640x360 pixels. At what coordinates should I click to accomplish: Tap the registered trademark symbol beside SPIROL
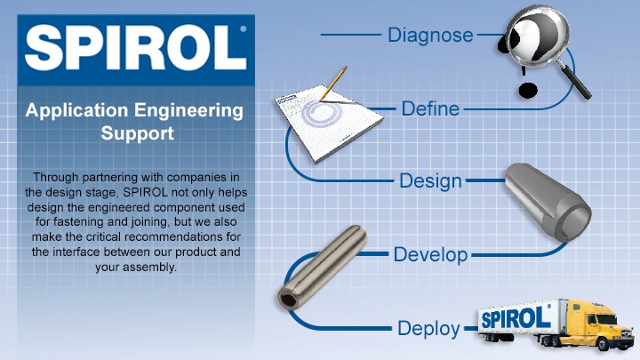(244, 29)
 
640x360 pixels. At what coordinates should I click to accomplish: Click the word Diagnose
(430, 36)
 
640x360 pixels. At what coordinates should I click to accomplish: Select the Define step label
(430, 108)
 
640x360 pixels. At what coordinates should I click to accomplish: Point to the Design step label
(430, 181)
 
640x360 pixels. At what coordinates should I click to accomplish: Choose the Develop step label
(430, 255)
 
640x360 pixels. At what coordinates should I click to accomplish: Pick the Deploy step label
(428, 329)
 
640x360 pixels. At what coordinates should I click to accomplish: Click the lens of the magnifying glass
(536, 35)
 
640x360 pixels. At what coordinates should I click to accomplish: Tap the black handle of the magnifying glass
(576, 82)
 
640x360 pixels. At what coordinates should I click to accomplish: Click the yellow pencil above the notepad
(333, 83)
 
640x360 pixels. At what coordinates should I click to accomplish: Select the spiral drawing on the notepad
(322, 113)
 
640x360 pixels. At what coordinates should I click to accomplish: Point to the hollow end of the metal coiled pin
(289, 300)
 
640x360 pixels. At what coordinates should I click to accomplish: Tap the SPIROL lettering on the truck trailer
(516, 318)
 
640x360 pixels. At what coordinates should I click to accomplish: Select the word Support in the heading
(138, 133)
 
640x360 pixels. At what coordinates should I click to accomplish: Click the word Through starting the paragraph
(56, 178)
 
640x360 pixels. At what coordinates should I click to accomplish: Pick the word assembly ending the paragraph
(148, 268)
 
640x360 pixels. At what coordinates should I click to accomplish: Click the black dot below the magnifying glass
(528, 90)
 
